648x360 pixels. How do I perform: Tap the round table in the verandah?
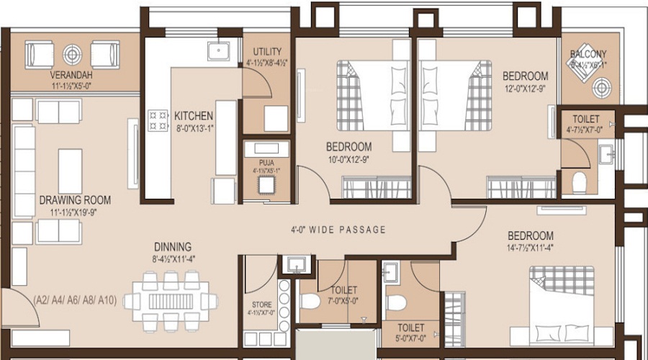click(x=72, y=53)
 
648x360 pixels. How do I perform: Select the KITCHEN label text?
click(x=193, y=115)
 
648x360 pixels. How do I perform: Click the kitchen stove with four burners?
click(x=158, y=120)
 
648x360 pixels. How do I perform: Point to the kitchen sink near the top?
click(x=218, y=50)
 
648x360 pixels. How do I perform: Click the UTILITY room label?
click(x=267, y=52)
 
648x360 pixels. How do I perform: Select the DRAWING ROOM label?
click(x=75, y=199)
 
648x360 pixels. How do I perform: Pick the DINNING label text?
click(x=171, y=246)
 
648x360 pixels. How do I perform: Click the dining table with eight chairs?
click(x=171, y=300)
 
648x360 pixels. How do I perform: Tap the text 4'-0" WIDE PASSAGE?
click(x=338, y=230)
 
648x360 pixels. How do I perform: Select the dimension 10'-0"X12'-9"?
click(x=349, y=159)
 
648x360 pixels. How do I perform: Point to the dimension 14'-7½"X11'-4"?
click(x=530, y=248)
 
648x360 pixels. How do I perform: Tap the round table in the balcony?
click(x=600, y=87)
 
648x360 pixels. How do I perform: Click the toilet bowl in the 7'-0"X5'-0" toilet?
click(x=310, y=300)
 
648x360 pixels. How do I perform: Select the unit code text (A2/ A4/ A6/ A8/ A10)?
click(x=74, y=298)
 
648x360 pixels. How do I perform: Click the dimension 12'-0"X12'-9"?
click(x=525, y=89)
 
